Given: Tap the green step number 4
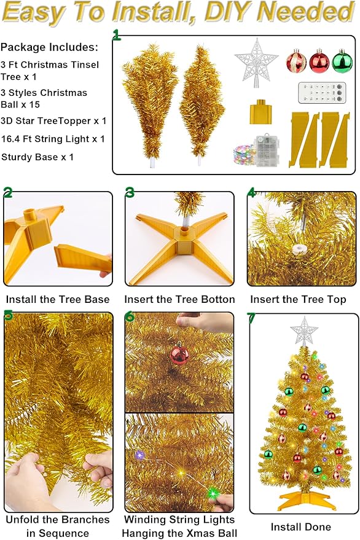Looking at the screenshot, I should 252,192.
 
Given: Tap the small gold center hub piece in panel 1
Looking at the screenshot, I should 260,114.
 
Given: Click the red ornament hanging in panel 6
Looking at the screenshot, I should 179,354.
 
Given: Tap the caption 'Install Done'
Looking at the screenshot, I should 301,526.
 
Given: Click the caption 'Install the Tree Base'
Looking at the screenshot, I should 58,300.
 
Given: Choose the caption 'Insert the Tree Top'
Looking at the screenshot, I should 298,300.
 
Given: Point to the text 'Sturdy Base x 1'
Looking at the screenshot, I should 37,157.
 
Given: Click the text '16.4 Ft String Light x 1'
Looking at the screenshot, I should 53,139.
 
